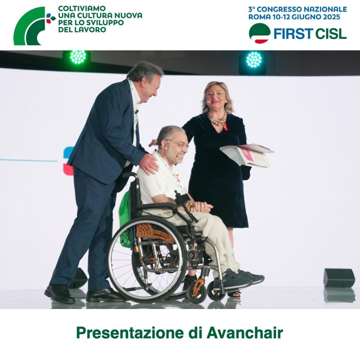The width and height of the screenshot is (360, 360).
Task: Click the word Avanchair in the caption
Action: (245, 333)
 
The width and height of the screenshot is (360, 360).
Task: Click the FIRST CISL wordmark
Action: (310, 34)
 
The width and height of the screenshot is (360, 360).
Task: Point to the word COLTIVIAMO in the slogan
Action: (82, 8)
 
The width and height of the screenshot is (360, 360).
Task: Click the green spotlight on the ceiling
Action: (78, 57)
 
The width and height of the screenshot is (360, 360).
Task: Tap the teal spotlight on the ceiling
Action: (254, 59)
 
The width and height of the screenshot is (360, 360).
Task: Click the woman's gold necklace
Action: (217, 119)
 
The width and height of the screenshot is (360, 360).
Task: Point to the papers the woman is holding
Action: (247, 155)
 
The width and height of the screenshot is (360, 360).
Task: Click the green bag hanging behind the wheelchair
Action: (126, 220)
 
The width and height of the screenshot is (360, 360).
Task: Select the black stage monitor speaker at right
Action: (339, 278)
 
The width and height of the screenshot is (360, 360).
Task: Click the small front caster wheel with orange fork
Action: (197, 291)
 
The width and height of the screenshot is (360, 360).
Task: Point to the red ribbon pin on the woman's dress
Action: (225, 126)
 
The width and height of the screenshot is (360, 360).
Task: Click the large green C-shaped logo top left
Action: (30, 26)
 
